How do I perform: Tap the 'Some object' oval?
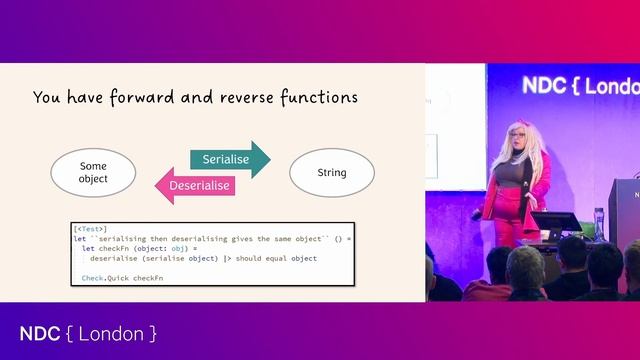click(92, 172)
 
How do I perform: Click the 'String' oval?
click(331, 172)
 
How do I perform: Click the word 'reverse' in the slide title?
click(233, 98)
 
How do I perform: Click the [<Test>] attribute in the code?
click(91, 230)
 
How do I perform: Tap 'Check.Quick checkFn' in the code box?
click(123, 277)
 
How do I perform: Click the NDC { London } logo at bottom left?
click(88, 333)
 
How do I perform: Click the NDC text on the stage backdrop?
click(540, 87)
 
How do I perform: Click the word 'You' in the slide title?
click(46, 98)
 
